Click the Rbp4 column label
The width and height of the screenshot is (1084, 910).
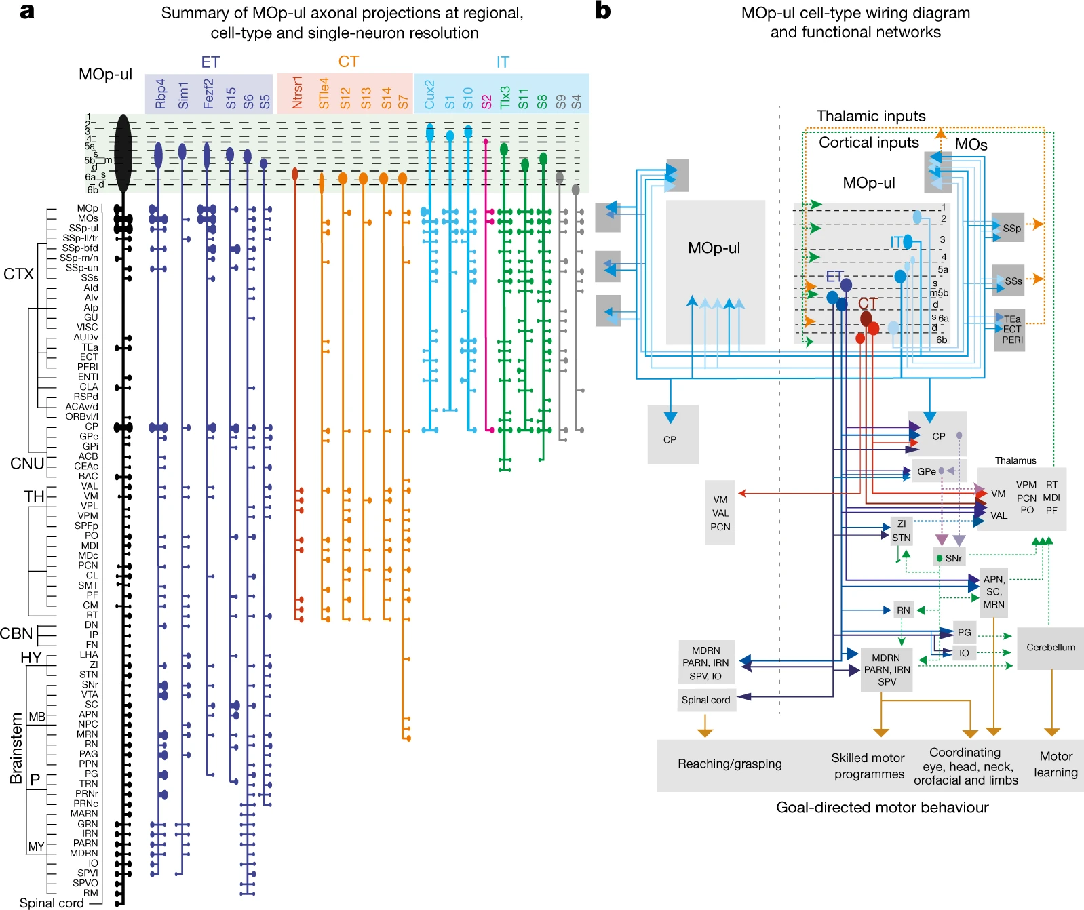point(160,94)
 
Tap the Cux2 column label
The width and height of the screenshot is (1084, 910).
point(429,94)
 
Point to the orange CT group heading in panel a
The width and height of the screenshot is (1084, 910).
point(348,62)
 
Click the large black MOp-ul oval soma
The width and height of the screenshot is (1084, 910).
point(123,153)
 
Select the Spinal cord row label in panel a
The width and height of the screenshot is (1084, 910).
point(52,903)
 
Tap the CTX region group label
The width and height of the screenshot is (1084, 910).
point(18,274)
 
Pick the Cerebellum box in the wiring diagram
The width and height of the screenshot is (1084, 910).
point(1050,648)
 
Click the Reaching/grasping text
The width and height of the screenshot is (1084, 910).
point(729,764)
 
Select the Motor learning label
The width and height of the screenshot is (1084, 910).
point(1056,764)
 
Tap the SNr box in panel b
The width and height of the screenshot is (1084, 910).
point(950,558)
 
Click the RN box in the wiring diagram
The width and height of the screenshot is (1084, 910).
point(903,610)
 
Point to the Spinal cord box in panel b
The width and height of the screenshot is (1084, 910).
point(705,700)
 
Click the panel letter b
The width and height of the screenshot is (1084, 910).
point(602,11)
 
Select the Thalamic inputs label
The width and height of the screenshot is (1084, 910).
point(871,116)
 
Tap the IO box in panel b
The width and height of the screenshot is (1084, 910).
point(964,653)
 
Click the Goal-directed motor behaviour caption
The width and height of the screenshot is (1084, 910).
point(882,808)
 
